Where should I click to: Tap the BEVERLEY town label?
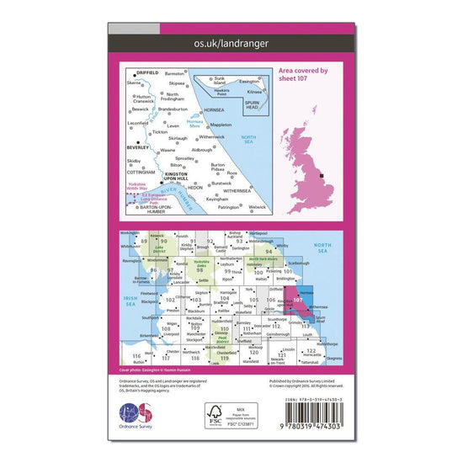(x=138, y=147)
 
